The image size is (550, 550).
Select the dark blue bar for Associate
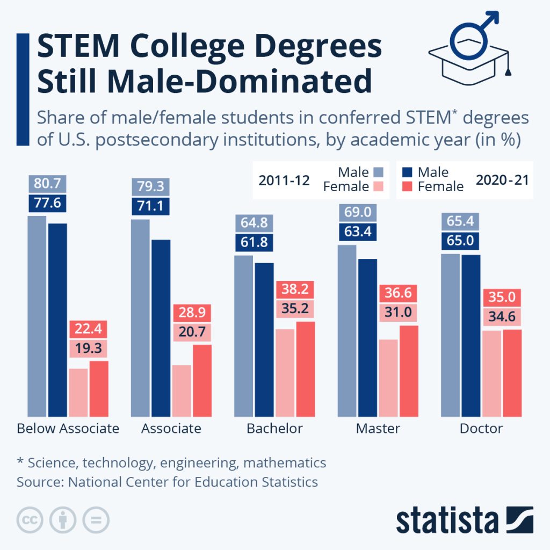[161, 328]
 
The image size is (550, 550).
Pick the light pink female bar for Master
[388, 378]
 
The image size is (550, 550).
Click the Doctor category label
[481, 429]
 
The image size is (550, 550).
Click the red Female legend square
[407, 186]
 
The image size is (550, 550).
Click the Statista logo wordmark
[447, 520]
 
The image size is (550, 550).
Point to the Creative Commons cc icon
[30, 519]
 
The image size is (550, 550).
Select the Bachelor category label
[274, 429]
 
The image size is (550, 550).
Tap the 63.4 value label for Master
[356, 232]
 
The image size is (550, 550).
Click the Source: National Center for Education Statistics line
[167, 482]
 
